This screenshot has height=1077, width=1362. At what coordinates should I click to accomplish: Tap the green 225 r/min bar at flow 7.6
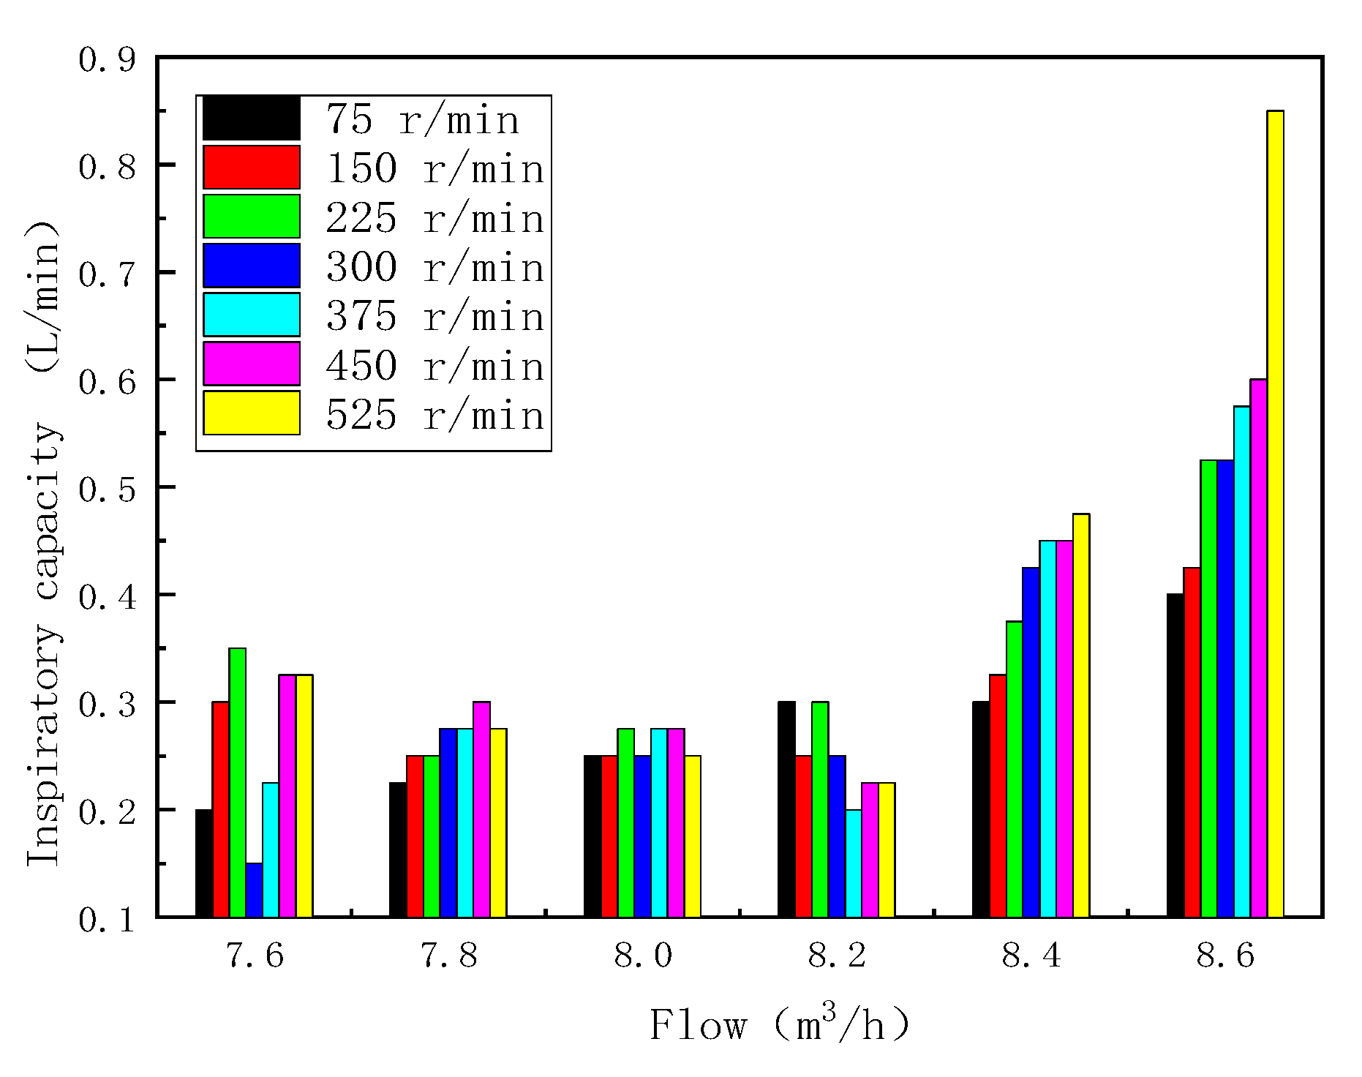pos(238,782)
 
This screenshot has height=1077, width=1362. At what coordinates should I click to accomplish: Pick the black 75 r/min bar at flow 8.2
pos(786,809)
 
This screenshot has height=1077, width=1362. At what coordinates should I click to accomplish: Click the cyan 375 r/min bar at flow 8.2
pos(853,863)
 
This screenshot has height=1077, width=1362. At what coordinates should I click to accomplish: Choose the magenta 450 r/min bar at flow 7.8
pos(481,809)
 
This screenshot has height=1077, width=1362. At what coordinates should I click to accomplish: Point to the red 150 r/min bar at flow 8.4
pos(998,795)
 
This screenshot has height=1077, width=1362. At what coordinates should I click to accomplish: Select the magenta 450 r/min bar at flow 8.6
pos(1258,648)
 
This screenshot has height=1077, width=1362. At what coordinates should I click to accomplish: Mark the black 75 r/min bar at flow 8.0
pos(592,836)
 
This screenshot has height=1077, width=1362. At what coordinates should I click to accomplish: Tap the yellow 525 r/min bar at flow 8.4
pos(1081,715)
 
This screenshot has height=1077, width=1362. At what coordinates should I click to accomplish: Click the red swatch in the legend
pos(251,168)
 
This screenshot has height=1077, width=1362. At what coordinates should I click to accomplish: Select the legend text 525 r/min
pos(435,415)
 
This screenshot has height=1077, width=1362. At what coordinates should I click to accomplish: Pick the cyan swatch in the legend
pos(251,315)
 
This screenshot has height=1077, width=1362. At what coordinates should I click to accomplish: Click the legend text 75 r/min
pos(423,119)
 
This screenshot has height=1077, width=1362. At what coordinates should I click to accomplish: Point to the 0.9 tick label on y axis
pos(108,59)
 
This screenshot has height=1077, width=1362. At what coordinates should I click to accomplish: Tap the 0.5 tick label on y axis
pos(108,489)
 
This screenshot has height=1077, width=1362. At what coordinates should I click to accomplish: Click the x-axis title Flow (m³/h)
pos(780,1024)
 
